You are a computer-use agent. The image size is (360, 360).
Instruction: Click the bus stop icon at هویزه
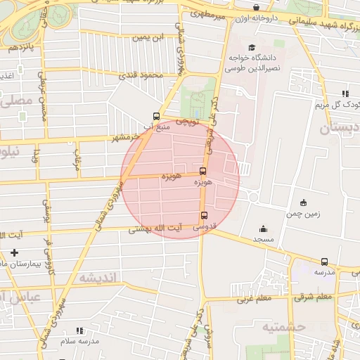pos(203,171)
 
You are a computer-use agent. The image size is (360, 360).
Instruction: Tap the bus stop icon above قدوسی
pos(205,216)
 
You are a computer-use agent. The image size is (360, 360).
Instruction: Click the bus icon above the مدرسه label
pos(324,262)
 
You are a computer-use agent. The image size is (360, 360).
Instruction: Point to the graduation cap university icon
pos(252,47)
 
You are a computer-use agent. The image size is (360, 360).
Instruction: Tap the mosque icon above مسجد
pos(263,229)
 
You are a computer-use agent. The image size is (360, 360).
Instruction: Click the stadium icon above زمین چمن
pos(303,202)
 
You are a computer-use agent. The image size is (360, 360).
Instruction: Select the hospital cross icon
pos(15,252)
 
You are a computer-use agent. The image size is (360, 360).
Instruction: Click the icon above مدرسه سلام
pos(79,330)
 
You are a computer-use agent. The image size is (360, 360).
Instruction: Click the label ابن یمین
pos(153,36)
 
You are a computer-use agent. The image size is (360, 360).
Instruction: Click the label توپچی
pos(187,122)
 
